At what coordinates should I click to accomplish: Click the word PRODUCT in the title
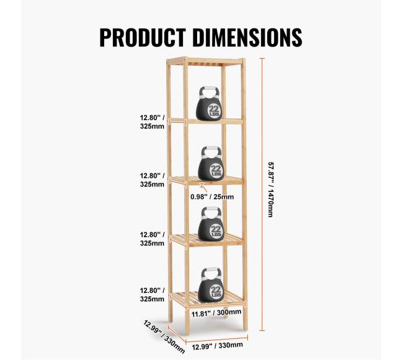143,38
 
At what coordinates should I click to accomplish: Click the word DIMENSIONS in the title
247,38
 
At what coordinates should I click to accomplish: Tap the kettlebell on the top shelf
209,103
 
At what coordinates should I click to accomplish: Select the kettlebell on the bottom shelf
211,285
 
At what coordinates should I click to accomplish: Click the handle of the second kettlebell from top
211,152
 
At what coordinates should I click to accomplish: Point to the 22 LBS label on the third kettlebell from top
216,230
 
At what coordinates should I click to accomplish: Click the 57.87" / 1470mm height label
270,190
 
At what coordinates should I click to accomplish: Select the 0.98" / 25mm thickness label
212,197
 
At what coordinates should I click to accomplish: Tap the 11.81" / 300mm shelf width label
216,313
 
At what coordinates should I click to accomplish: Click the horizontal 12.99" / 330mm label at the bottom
218,346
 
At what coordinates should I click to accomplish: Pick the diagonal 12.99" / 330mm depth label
164,336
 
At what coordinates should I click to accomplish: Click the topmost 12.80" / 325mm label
152,122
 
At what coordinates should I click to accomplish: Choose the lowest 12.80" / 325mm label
152,295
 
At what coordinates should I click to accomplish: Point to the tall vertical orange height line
262,195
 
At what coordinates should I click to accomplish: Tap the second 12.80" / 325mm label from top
152,180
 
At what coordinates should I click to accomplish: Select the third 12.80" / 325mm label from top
152,239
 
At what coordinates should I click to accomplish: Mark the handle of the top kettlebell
210,92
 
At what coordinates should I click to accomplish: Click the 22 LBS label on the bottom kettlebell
216,291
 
